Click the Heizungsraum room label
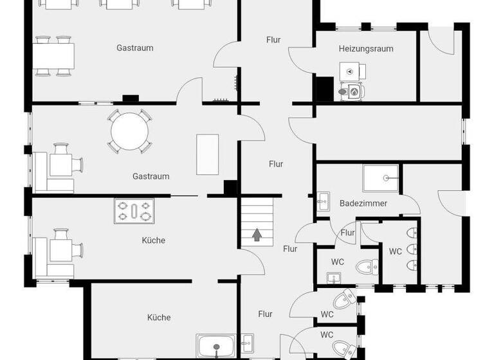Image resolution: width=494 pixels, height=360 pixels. tap(366, 48)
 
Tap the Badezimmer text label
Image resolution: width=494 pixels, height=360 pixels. tap(363, 203)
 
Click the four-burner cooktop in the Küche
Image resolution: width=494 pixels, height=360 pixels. tap(134, 211)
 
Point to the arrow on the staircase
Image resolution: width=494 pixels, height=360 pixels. tap(257, 235)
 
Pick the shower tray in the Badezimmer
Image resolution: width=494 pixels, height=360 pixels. tap(381, 178)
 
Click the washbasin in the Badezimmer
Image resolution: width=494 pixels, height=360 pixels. tap(322, 202)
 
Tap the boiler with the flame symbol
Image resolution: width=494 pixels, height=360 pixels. tap(352, 92)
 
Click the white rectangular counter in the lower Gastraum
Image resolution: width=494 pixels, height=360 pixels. tap(207, 154)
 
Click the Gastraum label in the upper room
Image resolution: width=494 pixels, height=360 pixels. tap(134, 48)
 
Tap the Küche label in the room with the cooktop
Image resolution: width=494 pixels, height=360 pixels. tap(153, 240)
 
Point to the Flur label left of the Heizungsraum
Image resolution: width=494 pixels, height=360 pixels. tap(273, 40)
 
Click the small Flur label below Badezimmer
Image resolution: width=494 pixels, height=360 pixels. tap(348, 233)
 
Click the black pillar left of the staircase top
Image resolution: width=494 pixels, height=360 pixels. tap(230, 188)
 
